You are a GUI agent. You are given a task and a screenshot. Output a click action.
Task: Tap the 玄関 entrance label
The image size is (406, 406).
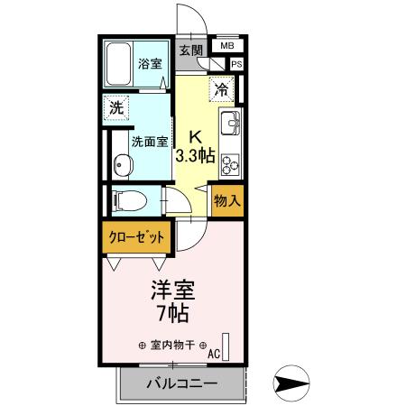[189, 51]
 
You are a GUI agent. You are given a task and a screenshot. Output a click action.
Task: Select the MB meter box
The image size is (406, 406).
[226, 46]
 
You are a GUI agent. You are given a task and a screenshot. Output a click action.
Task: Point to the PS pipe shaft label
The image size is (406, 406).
[236, 64]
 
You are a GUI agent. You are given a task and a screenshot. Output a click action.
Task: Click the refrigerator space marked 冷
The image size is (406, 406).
[220, 88]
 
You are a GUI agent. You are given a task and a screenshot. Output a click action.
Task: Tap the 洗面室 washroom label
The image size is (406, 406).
[148, 142]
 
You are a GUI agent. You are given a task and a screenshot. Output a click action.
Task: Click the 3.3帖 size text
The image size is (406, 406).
[194, 155]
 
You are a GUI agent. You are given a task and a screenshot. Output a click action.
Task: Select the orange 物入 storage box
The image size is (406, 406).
[226, 201]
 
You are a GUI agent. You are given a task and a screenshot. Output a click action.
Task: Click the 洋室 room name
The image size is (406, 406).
[172, 293]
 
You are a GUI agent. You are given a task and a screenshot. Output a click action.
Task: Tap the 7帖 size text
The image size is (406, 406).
[172, 317]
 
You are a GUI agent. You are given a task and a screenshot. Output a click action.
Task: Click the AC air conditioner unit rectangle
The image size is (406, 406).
[226, 346]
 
